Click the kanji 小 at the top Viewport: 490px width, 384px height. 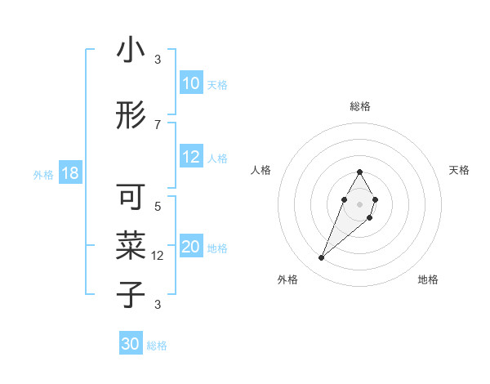131,51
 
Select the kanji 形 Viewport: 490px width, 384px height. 131,116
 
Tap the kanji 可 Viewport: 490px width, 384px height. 131,198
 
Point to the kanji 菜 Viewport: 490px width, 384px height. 131,245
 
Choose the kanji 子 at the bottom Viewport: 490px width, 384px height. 131,294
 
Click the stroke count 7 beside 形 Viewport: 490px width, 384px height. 158,124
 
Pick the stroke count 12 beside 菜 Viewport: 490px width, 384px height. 159,255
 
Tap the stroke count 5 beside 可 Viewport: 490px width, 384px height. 158,206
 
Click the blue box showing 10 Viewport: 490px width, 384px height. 191,83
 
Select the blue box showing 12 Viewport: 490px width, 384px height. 191,158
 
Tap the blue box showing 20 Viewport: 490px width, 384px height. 191,248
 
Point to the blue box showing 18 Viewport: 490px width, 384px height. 69,173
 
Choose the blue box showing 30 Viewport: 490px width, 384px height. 131,344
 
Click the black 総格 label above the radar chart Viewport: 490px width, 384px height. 360,106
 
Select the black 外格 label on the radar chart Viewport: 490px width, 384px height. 287,279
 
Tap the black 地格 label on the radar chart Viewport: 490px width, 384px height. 428,279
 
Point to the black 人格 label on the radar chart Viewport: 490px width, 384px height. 261,170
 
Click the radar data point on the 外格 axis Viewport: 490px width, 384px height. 321,258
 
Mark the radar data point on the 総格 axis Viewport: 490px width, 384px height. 359,172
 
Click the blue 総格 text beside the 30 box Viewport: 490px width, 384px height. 157,346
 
